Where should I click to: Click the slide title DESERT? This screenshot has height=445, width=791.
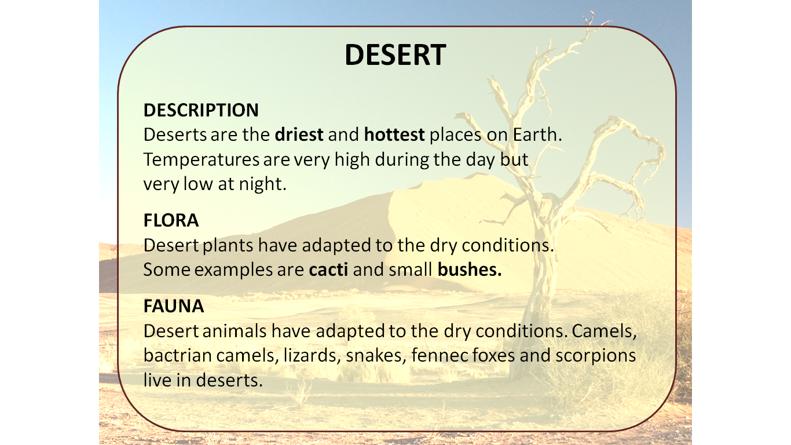pyautogui.click(x=395, y=55)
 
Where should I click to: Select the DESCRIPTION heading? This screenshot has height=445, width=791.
pyautogui.click(x=201, y=110)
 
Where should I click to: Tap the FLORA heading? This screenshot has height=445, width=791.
pyautogui.click(x=171, y=220)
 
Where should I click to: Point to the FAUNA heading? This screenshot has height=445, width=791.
pyautogui.click(x=174, y=306)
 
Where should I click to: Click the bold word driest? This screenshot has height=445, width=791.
pyautogui.click(x=299, y=135)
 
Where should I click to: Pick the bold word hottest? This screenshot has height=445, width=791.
pyautogui.click(x=394, y=135)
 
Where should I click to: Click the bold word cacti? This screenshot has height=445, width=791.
pyautogui.click(x=328, y=269)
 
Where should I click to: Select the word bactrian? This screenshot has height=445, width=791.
pyautogui.click(x=177, y=355)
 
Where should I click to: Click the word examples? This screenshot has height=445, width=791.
pyautogui.click(x=215, y=270)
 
